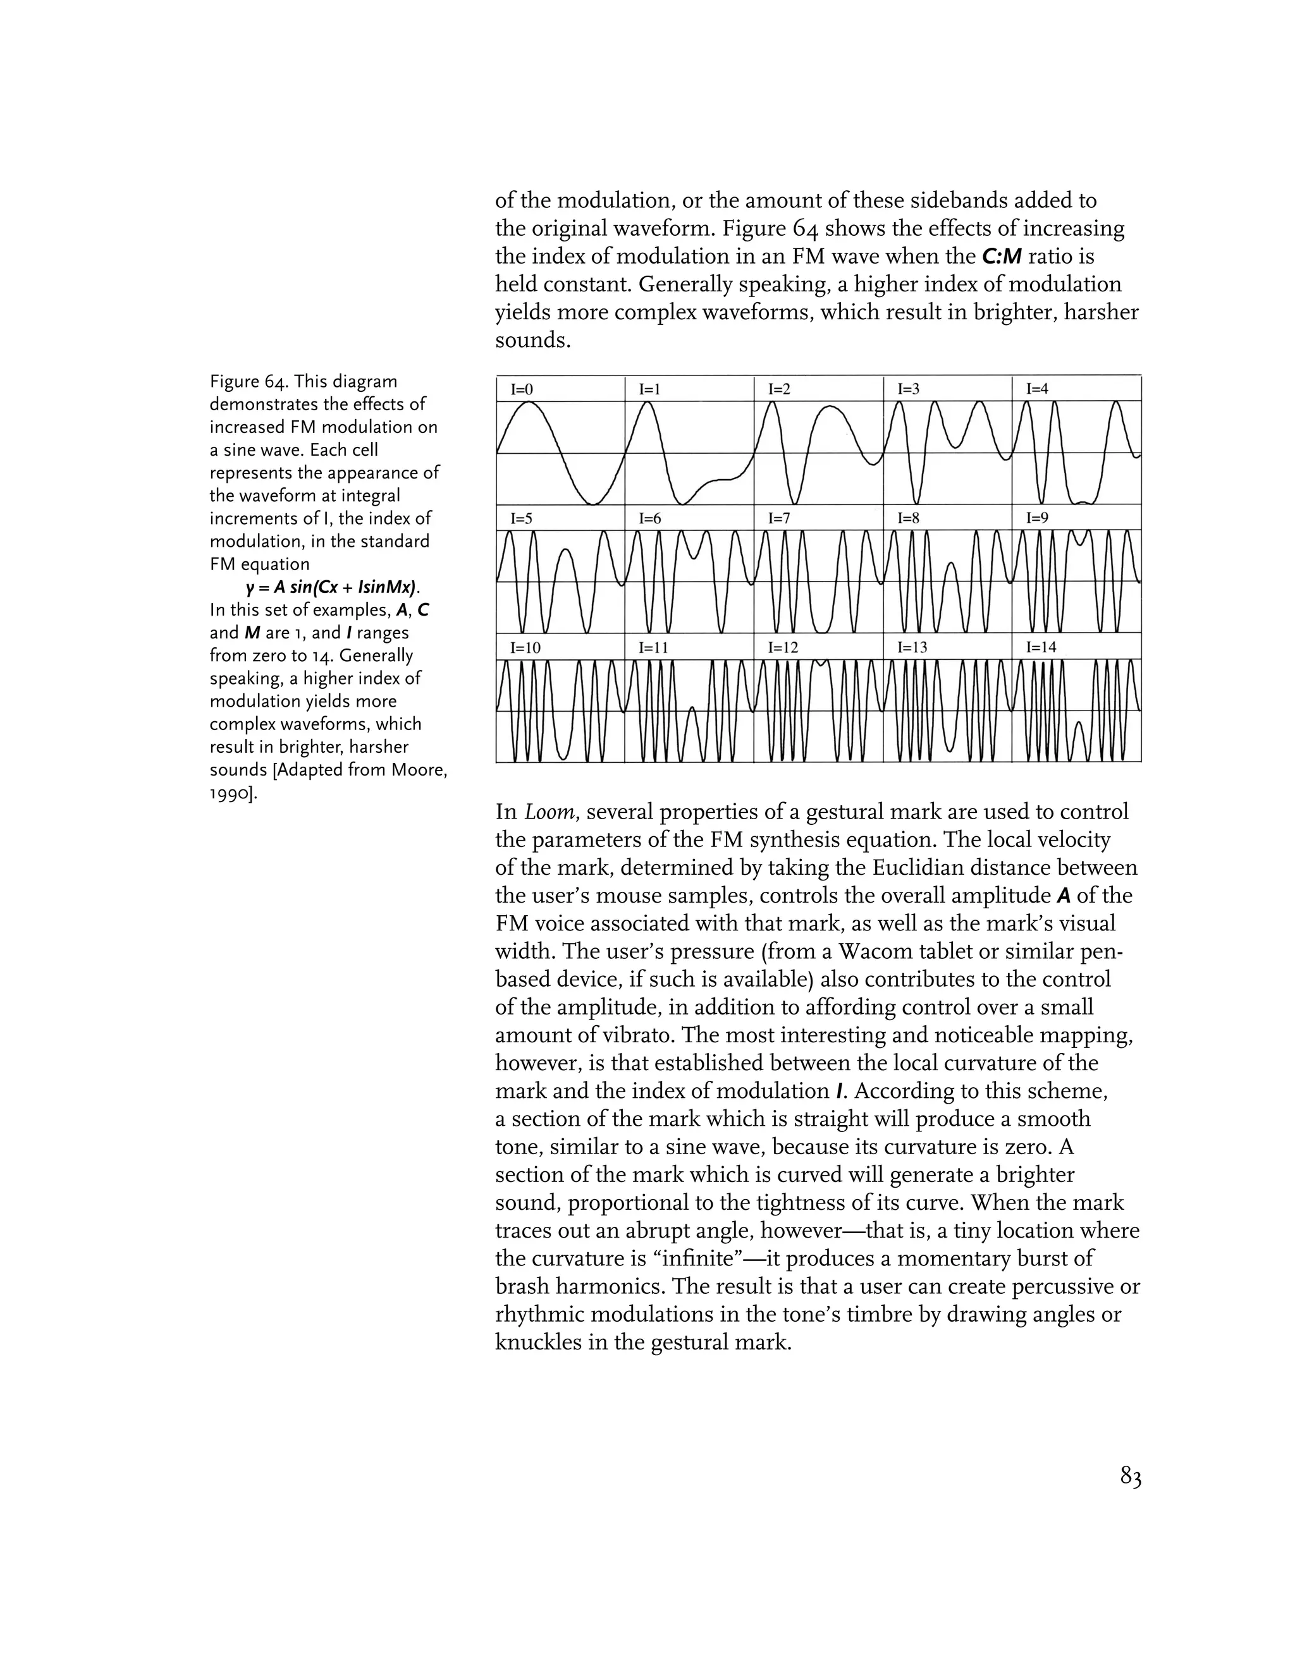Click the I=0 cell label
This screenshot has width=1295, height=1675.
pos(522,389)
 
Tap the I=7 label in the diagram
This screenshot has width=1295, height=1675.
pos(780,518)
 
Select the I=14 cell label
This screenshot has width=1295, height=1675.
pos(1041,647)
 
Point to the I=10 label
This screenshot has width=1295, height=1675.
pos(525,647)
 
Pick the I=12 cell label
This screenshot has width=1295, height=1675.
pos(783,647)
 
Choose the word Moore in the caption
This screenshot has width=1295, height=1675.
pos(417,769)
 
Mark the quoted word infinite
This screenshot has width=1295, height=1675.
pos(692,1258)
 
